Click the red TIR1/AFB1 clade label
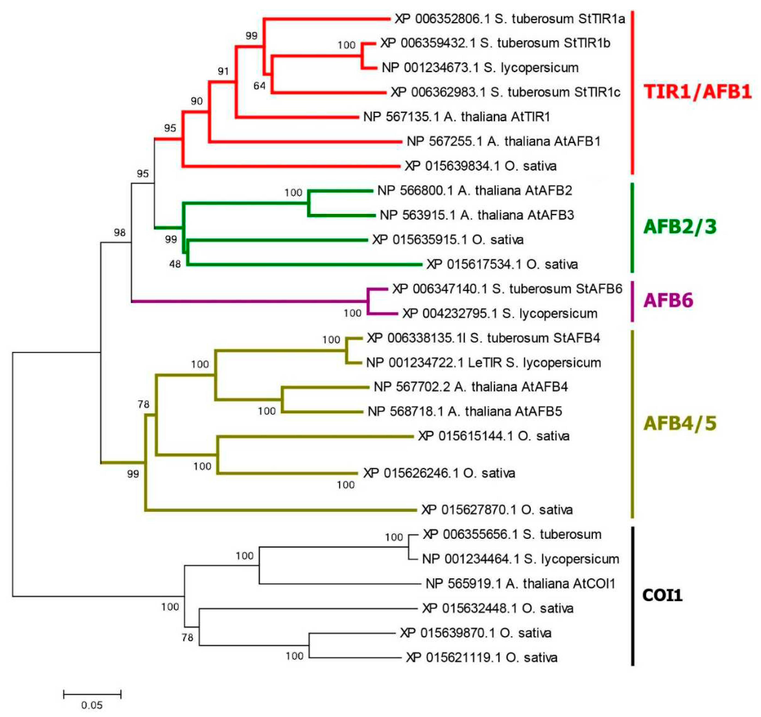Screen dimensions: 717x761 pos(697,92)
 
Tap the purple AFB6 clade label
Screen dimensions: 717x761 pos(668,300)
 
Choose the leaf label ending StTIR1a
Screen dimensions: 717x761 pos(509,19)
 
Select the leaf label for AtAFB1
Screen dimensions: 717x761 pos(503,142)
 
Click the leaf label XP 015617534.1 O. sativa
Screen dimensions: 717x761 pos(502,264)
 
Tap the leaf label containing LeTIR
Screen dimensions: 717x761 pos(483,362)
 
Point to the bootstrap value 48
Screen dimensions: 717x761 pos(175,264)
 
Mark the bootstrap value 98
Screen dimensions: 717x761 pos(119,232)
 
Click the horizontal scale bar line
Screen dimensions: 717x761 pos(92,694)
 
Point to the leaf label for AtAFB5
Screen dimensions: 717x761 pos(465,412)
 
